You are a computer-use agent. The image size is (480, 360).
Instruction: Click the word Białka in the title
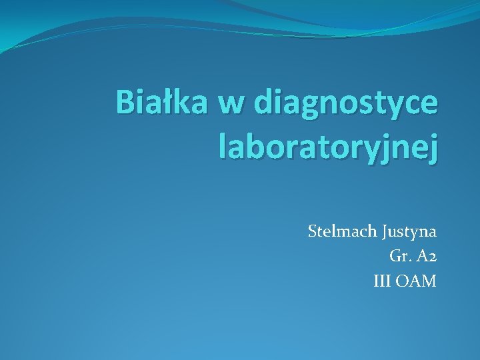162,103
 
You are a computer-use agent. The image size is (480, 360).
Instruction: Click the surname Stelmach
343,232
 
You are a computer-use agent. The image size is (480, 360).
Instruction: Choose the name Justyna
410,233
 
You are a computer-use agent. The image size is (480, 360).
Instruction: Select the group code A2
425,257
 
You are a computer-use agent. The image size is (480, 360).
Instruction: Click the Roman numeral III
383,281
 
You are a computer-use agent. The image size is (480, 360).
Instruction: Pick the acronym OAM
417,281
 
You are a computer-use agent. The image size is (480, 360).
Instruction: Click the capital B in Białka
125,103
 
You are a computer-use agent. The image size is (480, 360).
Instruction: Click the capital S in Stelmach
313,232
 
